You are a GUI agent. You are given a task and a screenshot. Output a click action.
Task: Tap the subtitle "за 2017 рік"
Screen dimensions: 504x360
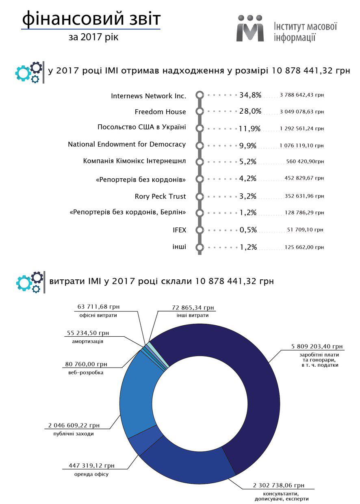[x=93, y=37]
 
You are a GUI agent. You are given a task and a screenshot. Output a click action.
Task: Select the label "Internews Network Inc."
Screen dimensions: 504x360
[x=148, y=96]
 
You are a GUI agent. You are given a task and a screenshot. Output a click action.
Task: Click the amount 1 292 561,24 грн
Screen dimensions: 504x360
[x=301, y=128]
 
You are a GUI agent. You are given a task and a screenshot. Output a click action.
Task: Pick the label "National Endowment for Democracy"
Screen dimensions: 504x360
[x=127, y=144]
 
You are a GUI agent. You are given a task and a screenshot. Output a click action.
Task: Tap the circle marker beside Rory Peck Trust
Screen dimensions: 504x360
[x=199, y=196]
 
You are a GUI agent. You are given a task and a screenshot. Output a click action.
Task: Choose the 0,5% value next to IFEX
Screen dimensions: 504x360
[x=248, y=230]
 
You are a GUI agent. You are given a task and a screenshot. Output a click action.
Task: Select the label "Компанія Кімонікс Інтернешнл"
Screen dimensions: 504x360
[x=134, y=161]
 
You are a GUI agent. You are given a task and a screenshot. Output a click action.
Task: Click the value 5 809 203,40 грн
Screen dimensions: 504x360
[x=317, y=346]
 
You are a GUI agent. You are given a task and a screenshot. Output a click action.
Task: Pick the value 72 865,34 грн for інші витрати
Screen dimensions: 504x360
[x=193, y=308]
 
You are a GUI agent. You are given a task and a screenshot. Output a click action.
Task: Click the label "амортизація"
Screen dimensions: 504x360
[x=85, y=342]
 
